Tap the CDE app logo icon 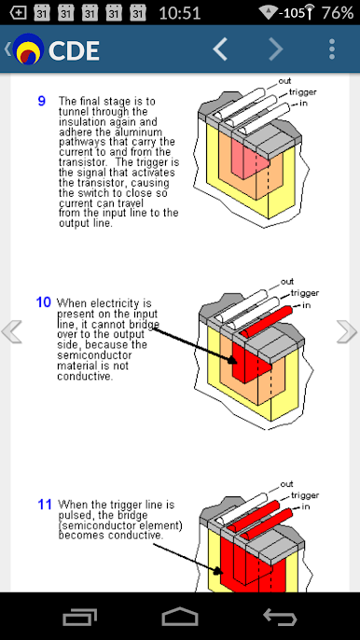28,49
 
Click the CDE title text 74,50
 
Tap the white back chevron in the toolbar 220,49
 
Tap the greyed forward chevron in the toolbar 276,49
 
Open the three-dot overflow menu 332,49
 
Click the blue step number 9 42,101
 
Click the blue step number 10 44,302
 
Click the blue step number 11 45,505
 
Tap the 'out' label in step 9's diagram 284,81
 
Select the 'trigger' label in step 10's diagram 304,293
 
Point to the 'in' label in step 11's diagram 306,507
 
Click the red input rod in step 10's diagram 267,321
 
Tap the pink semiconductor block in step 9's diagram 250,157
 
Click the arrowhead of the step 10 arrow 232,359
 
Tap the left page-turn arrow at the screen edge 12,331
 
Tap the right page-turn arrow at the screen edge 347,331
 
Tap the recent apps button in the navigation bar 79,617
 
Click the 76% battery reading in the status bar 337,13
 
